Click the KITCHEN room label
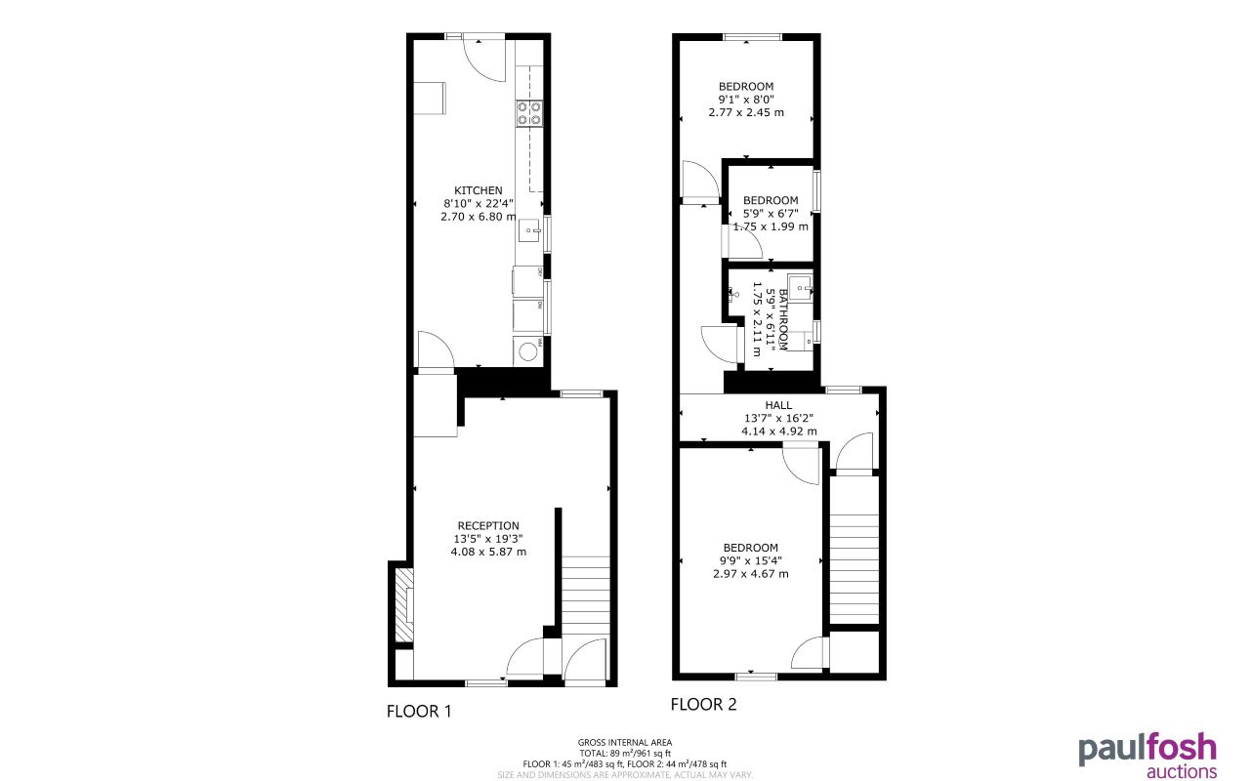[479, 189]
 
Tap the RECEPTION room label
[488, 525]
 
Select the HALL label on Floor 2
[778, 405]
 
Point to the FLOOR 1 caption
[419, 712]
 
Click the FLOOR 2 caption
[703, 704]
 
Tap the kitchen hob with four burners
[529, 113]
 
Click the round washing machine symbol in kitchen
[528, 350]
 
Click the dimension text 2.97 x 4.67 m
[750, 574]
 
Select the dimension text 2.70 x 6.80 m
[479, 217]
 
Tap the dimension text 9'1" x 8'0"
[746, 99]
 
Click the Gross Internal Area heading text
[625, 743]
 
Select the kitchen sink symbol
[529, 231]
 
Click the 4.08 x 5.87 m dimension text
[488, 552]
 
